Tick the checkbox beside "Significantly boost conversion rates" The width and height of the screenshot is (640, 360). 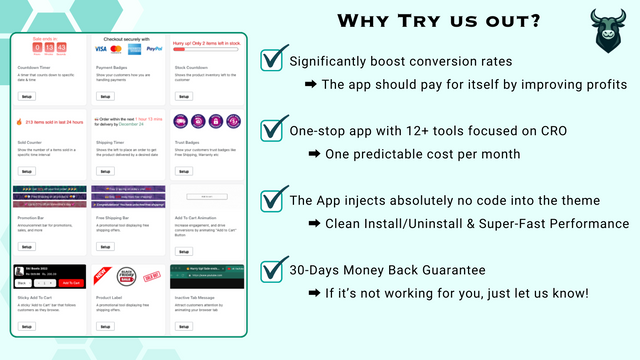click(x=271, y=60)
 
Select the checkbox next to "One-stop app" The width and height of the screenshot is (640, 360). click(x=271, y=130)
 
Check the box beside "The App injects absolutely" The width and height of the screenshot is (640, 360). click(x=271, y=200)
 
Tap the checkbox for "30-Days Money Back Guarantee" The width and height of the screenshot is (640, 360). click(x=271, y=270)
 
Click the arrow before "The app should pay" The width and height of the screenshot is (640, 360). click(x=311, y=85)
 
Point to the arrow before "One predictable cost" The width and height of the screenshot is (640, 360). click(x=314, y=154)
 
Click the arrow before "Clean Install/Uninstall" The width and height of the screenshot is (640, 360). click(x=314, y=224)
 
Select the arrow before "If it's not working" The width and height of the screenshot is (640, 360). click(x=314, y=294)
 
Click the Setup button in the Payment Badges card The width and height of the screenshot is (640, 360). click(x=104, y=97)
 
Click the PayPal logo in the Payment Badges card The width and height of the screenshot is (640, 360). click(x=154, y=48)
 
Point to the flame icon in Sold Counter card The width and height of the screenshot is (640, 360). click(x=20, y=123)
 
